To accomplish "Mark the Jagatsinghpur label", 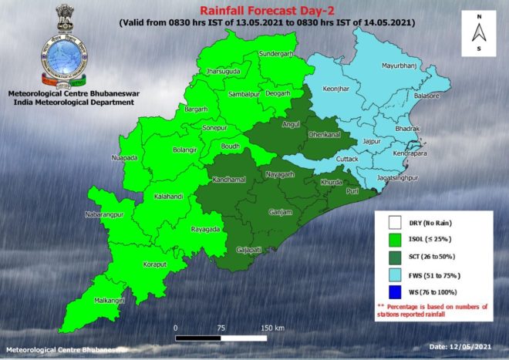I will click(401, 178).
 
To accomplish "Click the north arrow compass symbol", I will click(479, 32).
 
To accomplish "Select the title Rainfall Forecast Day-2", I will click(254, 11).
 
